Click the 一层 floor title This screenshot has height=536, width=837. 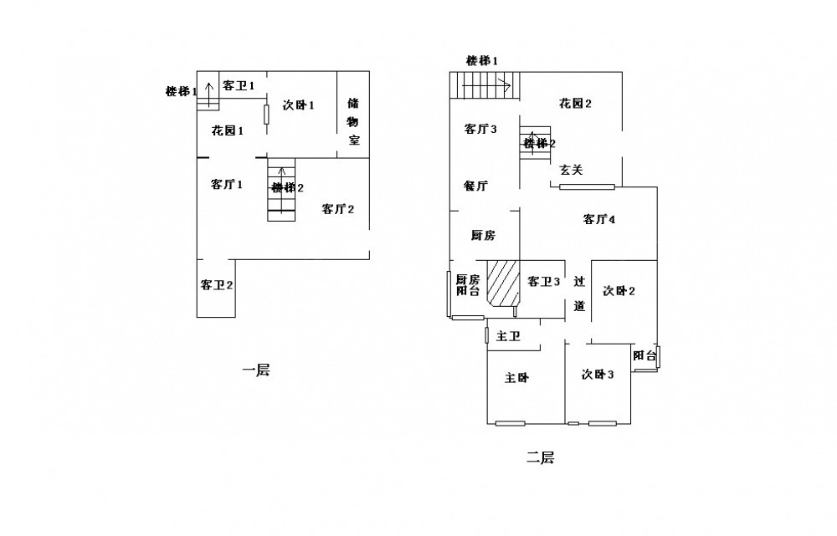(x=256, y=370)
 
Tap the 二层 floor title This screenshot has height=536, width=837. (x=540, y=457)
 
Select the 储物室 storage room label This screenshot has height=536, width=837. (x=353, y=121)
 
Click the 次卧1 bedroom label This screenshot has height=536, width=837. (x=299, y=105)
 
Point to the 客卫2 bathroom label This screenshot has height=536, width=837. (x=217, y=285)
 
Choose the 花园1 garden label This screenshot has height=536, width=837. (x=228, y=130)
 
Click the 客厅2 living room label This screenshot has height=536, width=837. (x=338, y=208)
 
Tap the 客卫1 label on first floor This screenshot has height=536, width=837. (x=239, y=85)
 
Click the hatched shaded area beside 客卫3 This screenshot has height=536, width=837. (x=503, y=283)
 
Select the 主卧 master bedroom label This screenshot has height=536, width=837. (x=516, y=378)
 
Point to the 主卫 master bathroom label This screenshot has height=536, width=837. (x=508, y=336)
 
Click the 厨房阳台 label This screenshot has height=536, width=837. (x=468, y=285)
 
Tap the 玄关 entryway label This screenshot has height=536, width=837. (x=571, y=170)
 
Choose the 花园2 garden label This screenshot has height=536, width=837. (x=576, y=103)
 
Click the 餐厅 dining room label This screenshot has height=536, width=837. (x=475, y=186)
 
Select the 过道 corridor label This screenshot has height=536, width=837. (x=580, y=294)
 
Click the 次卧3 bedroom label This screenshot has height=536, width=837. (x=598, y=374)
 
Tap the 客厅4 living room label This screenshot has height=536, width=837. (x=599, y=219)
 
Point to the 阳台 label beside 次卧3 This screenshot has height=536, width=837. (x=644, y=355)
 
